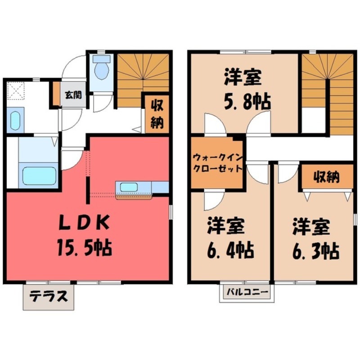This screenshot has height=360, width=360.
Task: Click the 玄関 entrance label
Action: pyautogui.click(x=73, y=95)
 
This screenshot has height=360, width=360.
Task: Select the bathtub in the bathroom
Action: pyautogui.click(x=40, y=175)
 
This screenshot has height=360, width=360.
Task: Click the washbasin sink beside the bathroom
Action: pyautogui.click(x=15, y=121)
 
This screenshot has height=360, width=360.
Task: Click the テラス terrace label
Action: pyautogui.click(x=49, y=296)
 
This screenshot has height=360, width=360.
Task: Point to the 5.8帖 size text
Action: pyautogui.click(x=247, y=101)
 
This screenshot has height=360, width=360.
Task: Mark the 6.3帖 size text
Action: pyautogui.click(x=316, y=251)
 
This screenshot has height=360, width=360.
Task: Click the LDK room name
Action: pyautogui.click(x=84, y=222)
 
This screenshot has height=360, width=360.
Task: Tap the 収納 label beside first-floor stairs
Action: pyautogui.click(x=157, y=115)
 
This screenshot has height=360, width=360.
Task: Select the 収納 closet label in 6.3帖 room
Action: pyautogui.click(x=327, y=177)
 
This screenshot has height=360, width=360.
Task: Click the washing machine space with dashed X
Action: pyautogui.click(x=16, y=91)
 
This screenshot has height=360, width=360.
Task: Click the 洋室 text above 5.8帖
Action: pyautogui.click(x=243, y=77)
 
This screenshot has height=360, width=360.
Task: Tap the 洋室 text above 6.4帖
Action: pyautogui.click(x=226, y=226)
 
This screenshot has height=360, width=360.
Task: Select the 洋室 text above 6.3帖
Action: pyautogui.click(x=311, y=227)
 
